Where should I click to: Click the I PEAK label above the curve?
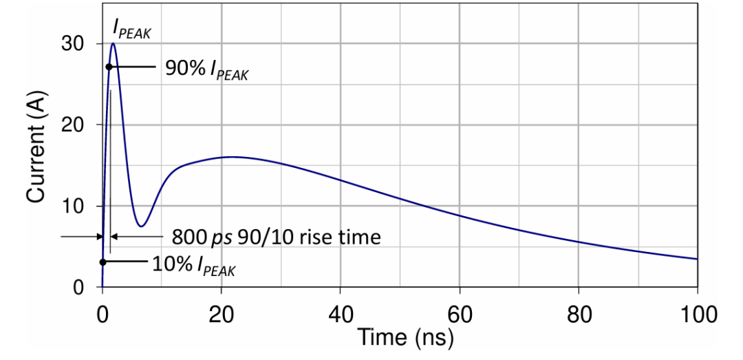click(x=132, y=28)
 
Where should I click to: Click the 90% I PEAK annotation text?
click(x=206, y=70)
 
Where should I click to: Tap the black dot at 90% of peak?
click(x=109, y=67)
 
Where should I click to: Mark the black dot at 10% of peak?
click(x=103, y=262)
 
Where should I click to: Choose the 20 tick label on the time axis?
click(x=221, y=313)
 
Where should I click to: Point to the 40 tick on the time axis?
click(x=340, y=313)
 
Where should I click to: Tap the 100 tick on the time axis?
click(x=697, y=313)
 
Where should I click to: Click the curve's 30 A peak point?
click(x=113, y=43)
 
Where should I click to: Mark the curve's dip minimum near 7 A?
click(x=141, y=226)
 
